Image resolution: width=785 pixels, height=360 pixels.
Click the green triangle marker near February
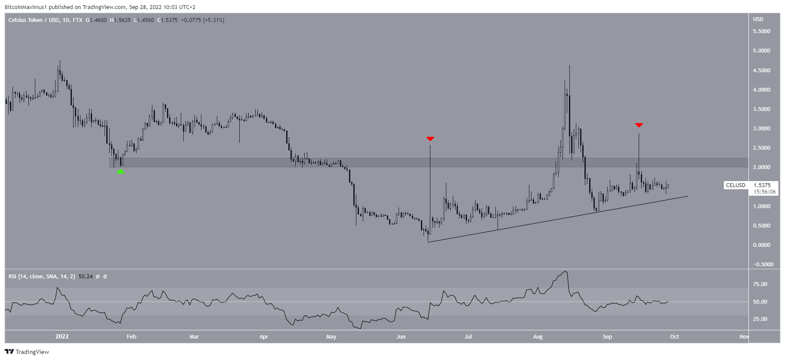(x=121, y=171)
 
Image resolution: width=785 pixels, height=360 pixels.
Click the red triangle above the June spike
(x=430, y=138)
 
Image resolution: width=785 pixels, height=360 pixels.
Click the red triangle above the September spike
(x=639, y=125)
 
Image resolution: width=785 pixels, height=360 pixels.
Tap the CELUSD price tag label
(x=736, y=185)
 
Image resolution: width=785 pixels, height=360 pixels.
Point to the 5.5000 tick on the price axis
(x=761, y=31)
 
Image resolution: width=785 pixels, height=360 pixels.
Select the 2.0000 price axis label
(x=761, y=167)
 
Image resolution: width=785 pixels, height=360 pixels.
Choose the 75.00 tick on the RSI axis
(x=760, y=284)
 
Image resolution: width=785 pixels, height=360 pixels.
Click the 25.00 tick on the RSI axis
(x=760, y=319)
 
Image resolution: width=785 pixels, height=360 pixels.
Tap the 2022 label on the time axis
(x=62, y=337)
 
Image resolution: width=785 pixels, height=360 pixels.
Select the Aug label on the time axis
(x=538, y=337)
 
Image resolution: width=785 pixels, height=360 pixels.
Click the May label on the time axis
(x=331, y=337)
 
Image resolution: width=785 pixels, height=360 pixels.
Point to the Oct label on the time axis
(x=674, y=337)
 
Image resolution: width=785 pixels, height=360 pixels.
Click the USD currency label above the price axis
(x=758, y=19)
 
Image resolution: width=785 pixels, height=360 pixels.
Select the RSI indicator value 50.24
(x=86, y=277)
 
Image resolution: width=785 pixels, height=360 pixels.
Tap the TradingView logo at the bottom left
(x=27, y=352)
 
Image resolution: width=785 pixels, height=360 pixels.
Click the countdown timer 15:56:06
(x=764, y=192)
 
